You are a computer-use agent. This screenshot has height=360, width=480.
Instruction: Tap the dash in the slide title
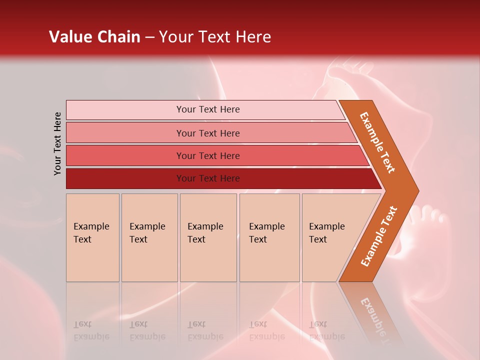point(149,37)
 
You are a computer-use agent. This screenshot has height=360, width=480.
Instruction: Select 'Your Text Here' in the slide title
point(215,37)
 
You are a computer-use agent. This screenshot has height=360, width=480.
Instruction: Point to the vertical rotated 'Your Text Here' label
point(57,143)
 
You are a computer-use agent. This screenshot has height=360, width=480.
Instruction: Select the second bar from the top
point(208,133)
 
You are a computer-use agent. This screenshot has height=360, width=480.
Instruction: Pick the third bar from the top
point(208,155)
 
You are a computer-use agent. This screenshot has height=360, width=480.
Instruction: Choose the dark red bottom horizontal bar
point(208,178)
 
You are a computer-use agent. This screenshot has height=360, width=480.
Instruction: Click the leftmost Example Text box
point(92,237)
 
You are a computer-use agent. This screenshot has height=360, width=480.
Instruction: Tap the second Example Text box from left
point(149,237)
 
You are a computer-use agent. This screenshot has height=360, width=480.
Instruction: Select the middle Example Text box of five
point(208,237)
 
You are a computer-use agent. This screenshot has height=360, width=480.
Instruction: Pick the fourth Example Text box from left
point(269,237)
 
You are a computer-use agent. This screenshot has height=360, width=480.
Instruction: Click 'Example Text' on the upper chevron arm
point(377,142)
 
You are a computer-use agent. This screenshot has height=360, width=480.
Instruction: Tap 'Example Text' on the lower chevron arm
point(378,236)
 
